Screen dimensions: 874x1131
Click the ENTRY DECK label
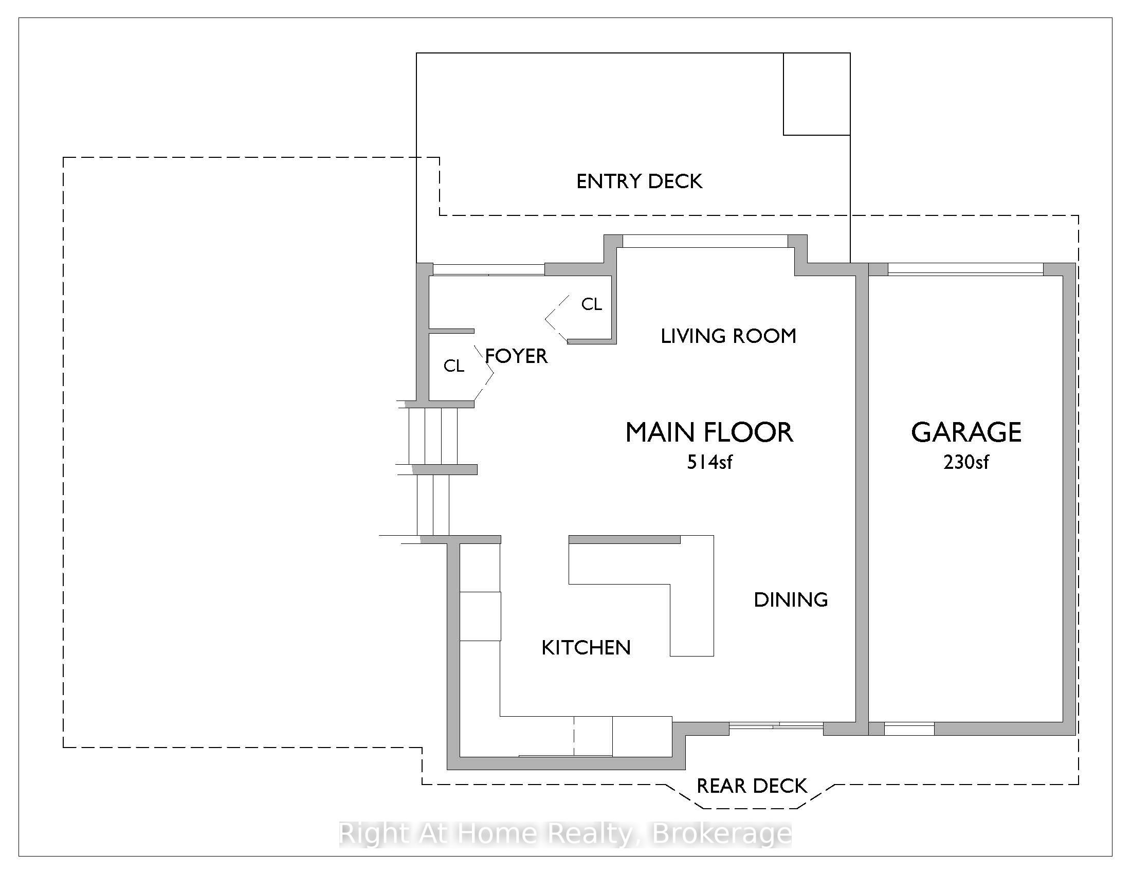[x=639, y=181]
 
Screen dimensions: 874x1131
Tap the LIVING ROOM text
[x=728, y=336]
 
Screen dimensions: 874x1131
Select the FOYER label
[x=516, y=356]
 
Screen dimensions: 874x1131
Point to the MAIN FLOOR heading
[x=709, y=432]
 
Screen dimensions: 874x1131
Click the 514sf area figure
[x=709, y=462]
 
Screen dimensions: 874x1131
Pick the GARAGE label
[x=966, y=432]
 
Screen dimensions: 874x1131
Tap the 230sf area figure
[x=966, y=462]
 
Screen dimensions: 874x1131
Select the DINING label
[x=790, y=599]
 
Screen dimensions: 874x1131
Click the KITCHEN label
[x=586, y=648]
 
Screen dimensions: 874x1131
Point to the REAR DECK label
[x=752, y=786]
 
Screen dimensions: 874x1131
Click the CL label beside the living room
[x=591, y=304]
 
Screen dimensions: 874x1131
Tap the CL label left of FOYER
[x=453, y=366]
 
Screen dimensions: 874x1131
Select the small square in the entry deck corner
[x=816, y=94]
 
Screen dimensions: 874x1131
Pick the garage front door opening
[x=965, y=269]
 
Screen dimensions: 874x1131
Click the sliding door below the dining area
[x=776, y=726]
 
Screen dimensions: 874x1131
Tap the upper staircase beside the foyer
[x=433, y=436]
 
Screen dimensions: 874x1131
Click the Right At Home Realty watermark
[x=565, y=833]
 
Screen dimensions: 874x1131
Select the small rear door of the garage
[x=909, y=729]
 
